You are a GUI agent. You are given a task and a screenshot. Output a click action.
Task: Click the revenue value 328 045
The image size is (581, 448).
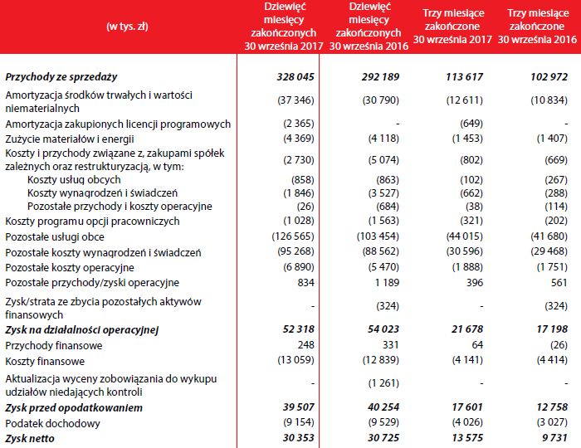296,76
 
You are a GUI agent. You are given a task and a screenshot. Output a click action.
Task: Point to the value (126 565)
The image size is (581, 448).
292,236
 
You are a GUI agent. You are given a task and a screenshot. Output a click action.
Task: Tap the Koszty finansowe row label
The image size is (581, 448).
46,361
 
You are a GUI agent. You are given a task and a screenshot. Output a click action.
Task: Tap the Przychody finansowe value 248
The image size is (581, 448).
309,345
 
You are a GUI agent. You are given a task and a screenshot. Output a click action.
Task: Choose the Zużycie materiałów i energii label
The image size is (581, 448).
70,139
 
